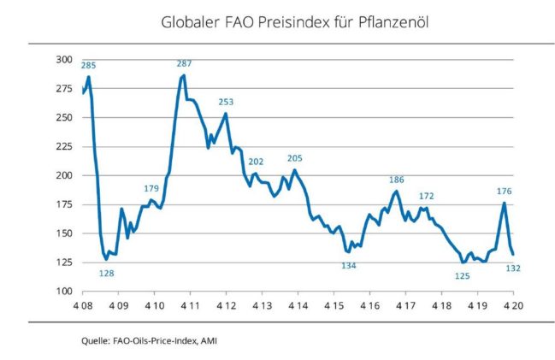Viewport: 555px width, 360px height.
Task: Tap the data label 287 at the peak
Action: click(x=184, y=64)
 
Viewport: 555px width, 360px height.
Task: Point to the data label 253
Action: click(x=226, y=101)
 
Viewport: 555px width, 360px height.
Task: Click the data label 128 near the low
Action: click(x=107, y=273)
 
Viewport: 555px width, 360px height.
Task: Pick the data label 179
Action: click(x=151, y=188)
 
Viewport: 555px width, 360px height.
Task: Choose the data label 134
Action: click(x=349, y=265)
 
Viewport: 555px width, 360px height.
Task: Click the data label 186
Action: click(x=396, y=180)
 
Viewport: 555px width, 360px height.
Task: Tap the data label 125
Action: click(x=463, y=275)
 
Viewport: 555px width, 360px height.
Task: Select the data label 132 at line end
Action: click(x=515, y=268)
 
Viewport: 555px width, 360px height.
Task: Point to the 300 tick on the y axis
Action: click(x=64, y=60)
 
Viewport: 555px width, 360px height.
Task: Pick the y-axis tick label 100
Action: click(x=64, y=292)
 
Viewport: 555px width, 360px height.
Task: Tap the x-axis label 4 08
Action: click(x=82, y=304)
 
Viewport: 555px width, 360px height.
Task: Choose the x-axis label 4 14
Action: click(x=298, y=304)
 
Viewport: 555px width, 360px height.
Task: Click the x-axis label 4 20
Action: click(x=512, y=304)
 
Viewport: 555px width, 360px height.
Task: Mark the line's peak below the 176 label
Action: click(x=505, y=203)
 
